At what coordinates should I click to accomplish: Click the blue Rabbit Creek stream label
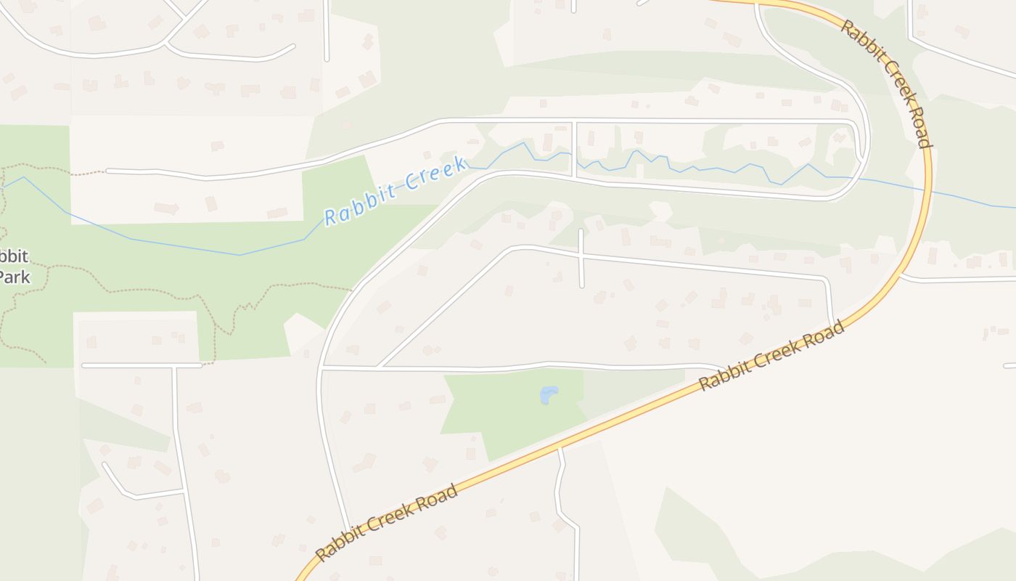(396, 190)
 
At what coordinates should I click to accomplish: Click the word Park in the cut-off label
(15, 277)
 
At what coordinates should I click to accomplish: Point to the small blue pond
(549, 394)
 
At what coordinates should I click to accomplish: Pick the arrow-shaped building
(167, 208)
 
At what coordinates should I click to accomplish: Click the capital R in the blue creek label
(331, 216)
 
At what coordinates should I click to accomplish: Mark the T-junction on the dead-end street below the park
(174, 366)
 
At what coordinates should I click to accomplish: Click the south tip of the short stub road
(581, 285)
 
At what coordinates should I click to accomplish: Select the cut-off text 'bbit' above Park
(14, 256)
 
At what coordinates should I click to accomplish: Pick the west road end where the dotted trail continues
(107, 171)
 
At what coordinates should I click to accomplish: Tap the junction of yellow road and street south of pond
(560, 448)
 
